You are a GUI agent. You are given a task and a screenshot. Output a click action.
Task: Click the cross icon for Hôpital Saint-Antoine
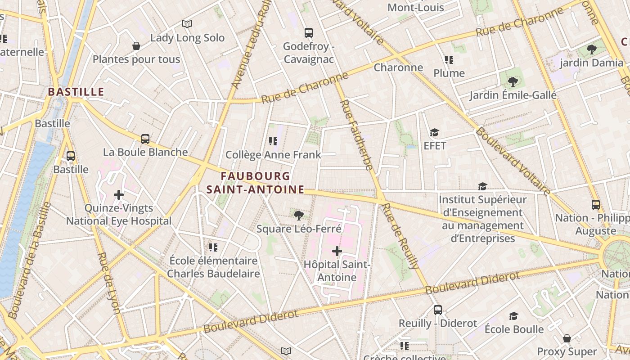coord(337,251)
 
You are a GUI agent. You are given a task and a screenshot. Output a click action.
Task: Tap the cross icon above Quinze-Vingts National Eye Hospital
coord(119,195)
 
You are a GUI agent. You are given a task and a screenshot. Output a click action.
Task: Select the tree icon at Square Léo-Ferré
coord(298,216)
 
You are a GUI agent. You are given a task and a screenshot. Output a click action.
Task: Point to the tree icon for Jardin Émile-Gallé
coord(513,81)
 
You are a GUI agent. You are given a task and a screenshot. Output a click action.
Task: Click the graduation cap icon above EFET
coord(434,132)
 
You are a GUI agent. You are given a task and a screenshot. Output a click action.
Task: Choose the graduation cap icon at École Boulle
coord(513,316)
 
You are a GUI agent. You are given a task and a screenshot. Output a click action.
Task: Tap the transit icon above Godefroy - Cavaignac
coord(308,33)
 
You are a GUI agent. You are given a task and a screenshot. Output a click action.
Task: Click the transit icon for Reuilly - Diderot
coord(437,310)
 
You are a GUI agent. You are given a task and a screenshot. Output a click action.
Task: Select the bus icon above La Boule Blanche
coord(145,139)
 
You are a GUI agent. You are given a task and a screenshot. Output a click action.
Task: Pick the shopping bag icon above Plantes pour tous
coord(136,46)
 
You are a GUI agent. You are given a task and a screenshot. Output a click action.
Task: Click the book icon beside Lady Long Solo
coord(187,24)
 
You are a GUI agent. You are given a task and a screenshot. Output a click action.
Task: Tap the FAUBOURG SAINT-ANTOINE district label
coord(256,183)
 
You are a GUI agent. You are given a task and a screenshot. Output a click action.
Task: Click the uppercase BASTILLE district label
coord(76,92)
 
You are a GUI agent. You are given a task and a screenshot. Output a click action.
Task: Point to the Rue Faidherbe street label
coord(356,135)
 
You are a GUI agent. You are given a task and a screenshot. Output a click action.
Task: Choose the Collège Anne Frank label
coord(273,155)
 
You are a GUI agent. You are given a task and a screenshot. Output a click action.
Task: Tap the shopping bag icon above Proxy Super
coord(567,338)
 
